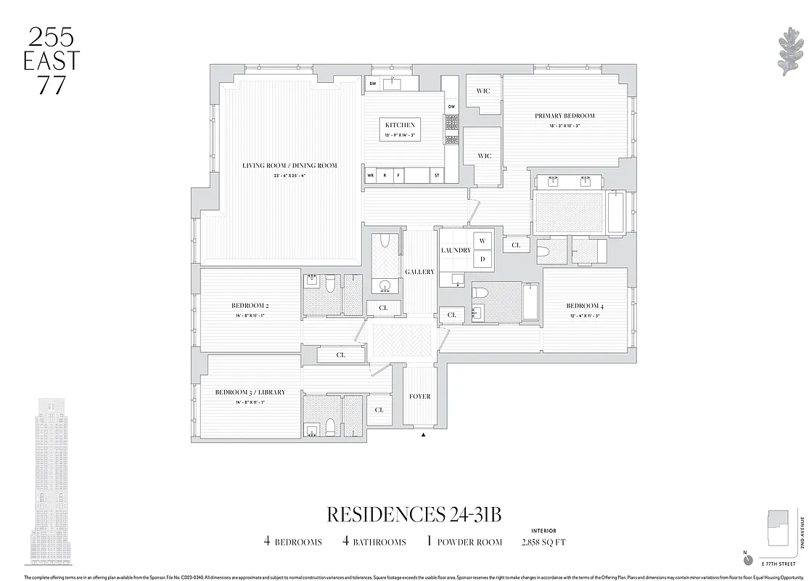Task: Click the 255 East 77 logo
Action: point(51,61)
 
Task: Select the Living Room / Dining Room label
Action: point(289,166)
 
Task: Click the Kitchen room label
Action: point(401,125)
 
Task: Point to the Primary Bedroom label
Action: point(564,115)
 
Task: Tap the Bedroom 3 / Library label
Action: point(250,392)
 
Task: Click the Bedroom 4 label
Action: point(584,306)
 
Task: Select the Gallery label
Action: point(419,272)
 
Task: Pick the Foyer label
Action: point(419,397)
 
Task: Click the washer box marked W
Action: point(482,240)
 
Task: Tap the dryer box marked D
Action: point(482,259)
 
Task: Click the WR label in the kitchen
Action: point(370,176)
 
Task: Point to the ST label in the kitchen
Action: point(437,176)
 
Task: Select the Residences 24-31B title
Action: point(414,514)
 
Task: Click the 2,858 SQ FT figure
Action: point(543,542)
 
